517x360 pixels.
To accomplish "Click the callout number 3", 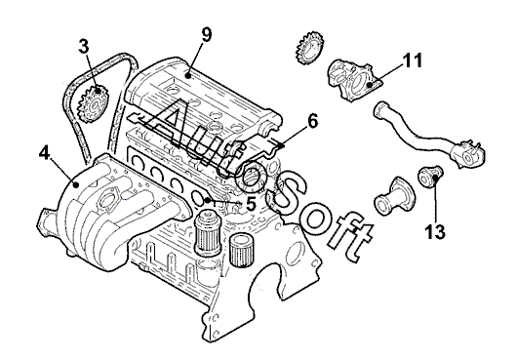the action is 84,46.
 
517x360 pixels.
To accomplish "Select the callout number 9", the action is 207,34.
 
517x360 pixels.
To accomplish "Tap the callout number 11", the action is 413,60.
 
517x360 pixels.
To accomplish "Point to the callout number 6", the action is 312,121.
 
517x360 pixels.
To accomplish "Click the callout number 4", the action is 44,152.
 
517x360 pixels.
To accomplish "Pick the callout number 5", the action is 251,204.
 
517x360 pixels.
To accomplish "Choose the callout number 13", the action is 435,231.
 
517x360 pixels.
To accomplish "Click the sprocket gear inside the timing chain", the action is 93,103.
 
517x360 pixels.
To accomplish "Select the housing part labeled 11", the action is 353,79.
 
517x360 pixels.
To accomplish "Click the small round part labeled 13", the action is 430,177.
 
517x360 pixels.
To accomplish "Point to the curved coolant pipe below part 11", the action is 428,135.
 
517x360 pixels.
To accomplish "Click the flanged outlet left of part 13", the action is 395,196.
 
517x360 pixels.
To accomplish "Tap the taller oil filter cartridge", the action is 208,234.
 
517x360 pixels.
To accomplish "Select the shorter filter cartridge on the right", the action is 241,250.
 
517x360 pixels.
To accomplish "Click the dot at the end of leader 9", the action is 188,76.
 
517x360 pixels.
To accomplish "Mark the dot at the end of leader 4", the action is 76,185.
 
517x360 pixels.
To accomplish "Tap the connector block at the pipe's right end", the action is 468,153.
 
